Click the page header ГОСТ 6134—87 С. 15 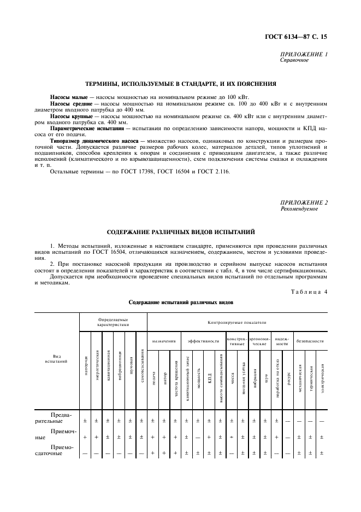pos(302,38)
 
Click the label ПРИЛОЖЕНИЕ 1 pos(304,55)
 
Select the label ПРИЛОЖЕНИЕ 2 pos(304,203)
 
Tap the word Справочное pos(294,60)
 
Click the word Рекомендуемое pos(298,209)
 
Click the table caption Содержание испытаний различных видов pos(181,302)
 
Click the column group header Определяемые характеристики pos(113,322)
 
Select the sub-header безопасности pos(309,341)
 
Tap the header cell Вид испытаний pos(57,359)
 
